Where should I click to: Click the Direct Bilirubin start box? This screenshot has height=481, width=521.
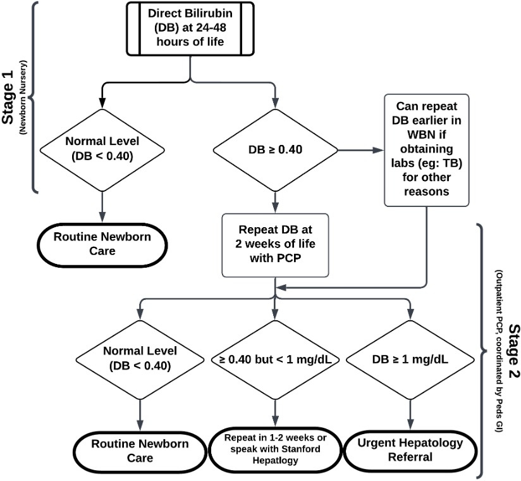[x=190, y=28]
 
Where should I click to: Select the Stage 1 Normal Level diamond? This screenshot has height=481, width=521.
[x=102, y=150]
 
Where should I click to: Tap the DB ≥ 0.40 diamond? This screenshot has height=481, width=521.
[x=275, y=150]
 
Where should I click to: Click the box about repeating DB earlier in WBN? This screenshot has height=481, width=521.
[x=427, y=151]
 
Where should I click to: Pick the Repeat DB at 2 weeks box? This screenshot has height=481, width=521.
[x=275, y=245]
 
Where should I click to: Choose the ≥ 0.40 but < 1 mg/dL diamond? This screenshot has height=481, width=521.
[x=275, y=359]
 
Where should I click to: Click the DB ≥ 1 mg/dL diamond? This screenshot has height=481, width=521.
[x=410, y=359]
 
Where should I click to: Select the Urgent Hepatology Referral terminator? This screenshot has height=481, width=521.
[x=410, y=450]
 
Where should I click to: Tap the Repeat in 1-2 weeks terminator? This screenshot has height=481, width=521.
[x=275, y=449]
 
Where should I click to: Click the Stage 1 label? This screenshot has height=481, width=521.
[x=8, y=97]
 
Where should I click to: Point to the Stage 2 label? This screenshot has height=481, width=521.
[x=513, y=351]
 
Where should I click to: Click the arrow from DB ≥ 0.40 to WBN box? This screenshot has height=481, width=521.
[x=361, y=151]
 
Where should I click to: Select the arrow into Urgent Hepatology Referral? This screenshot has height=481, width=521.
[x=410, y=415]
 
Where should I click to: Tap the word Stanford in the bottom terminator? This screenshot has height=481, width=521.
[x=302, y=449]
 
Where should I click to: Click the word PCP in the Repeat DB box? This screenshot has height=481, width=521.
[x=288, y=258]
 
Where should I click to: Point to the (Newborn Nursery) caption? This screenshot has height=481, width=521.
[x=23, y=97]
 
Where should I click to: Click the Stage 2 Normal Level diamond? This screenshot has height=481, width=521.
[x=140, y=359]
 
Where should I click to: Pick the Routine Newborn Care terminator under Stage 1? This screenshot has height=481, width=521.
[x=102, y=245]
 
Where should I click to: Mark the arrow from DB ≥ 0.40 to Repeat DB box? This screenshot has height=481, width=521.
[x=275, y=203]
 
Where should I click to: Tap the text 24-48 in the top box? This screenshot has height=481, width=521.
[x=211, y=28]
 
